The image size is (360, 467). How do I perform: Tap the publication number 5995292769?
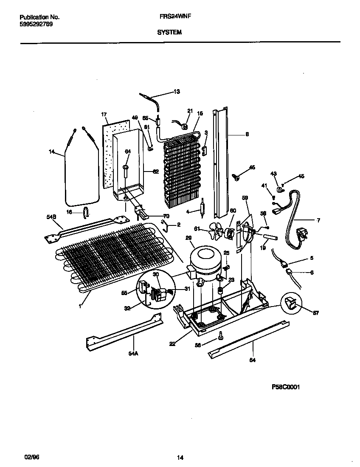[x=37, y=24]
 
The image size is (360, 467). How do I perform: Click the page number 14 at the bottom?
[x=180, y=458]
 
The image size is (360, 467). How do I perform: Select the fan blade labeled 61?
[x=218, y=232]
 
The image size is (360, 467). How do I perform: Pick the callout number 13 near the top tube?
[x=177, y=92]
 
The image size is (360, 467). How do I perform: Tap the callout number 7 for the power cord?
[x=318, y=220]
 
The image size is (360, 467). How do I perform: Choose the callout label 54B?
[x=51, y=217]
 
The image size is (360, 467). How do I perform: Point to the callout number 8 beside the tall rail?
[x=247, y=134]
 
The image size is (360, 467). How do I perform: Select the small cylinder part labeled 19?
[x=270, y=238]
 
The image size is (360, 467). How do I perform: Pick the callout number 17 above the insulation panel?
[x=103, y=115]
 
